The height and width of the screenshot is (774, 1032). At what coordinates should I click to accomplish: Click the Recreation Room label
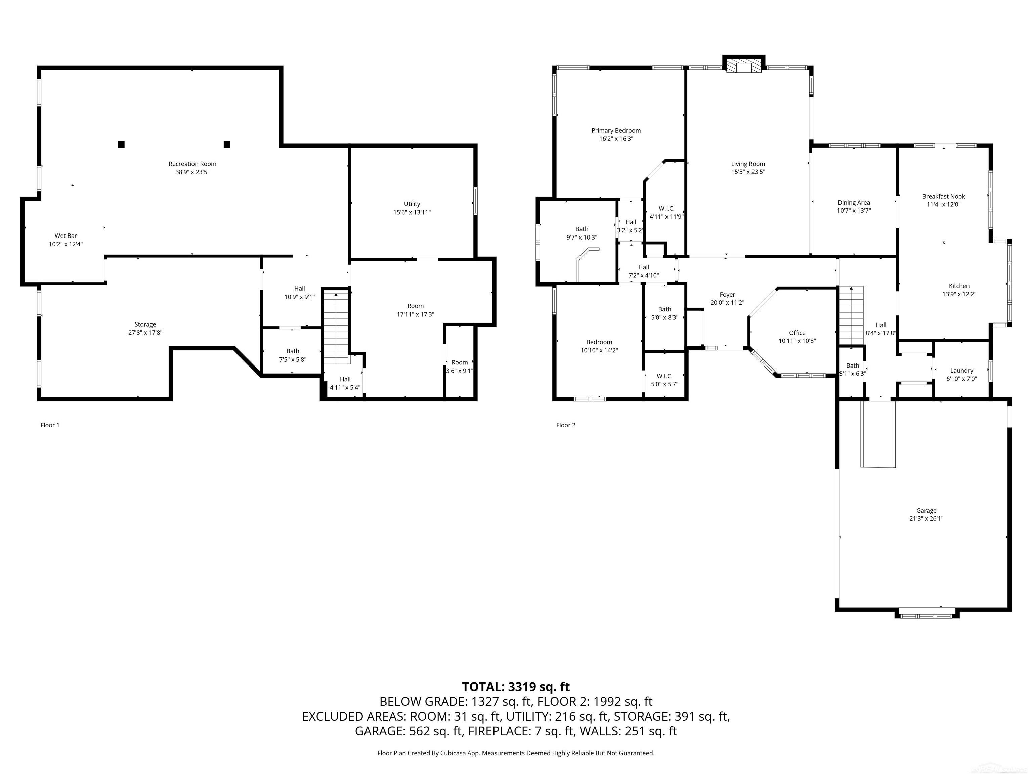tap(192, 164)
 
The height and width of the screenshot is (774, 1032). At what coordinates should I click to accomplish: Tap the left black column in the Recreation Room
tap(121, 144)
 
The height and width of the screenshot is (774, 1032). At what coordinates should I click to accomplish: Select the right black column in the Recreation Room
tap(227, 144)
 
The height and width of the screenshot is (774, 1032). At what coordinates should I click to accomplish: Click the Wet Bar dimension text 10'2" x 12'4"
tap(66, 244)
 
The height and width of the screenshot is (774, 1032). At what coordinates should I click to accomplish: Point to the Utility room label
tap(412, 204)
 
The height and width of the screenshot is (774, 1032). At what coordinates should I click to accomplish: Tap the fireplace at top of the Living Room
tap(744, 67)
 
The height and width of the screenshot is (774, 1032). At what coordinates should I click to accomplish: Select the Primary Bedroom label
tap(616, 131)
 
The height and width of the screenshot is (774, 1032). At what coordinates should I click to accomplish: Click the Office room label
tap(797, 333)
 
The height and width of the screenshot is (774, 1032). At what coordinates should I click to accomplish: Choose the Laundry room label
tap(961, 371)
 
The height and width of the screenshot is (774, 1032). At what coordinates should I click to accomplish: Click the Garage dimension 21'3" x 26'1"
tap(926, 518)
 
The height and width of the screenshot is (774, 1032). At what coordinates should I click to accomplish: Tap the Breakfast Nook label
tap(943, 197)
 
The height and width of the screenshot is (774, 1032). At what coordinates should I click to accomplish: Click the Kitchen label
tap(959, 286)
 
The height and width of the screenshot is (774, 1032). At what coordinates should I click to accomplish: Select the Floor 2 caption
tap(565, 425)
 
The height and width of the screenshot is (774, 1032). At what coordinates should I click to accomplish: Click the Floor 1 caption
tap(50, 425)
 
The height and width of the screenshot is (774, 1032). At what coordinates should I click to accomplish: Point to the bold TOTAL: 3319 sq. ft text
tap(516, 687)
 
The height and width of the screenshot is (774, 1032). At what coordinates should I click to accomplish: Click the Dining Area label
tap(853, 203)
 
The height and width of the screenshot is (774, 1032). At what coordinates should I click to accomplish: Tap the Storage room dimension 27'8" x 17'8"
tap(145, 333)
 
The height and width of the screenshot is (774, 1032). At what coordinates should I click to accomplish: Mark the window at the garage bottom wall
tap(927, 616)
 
